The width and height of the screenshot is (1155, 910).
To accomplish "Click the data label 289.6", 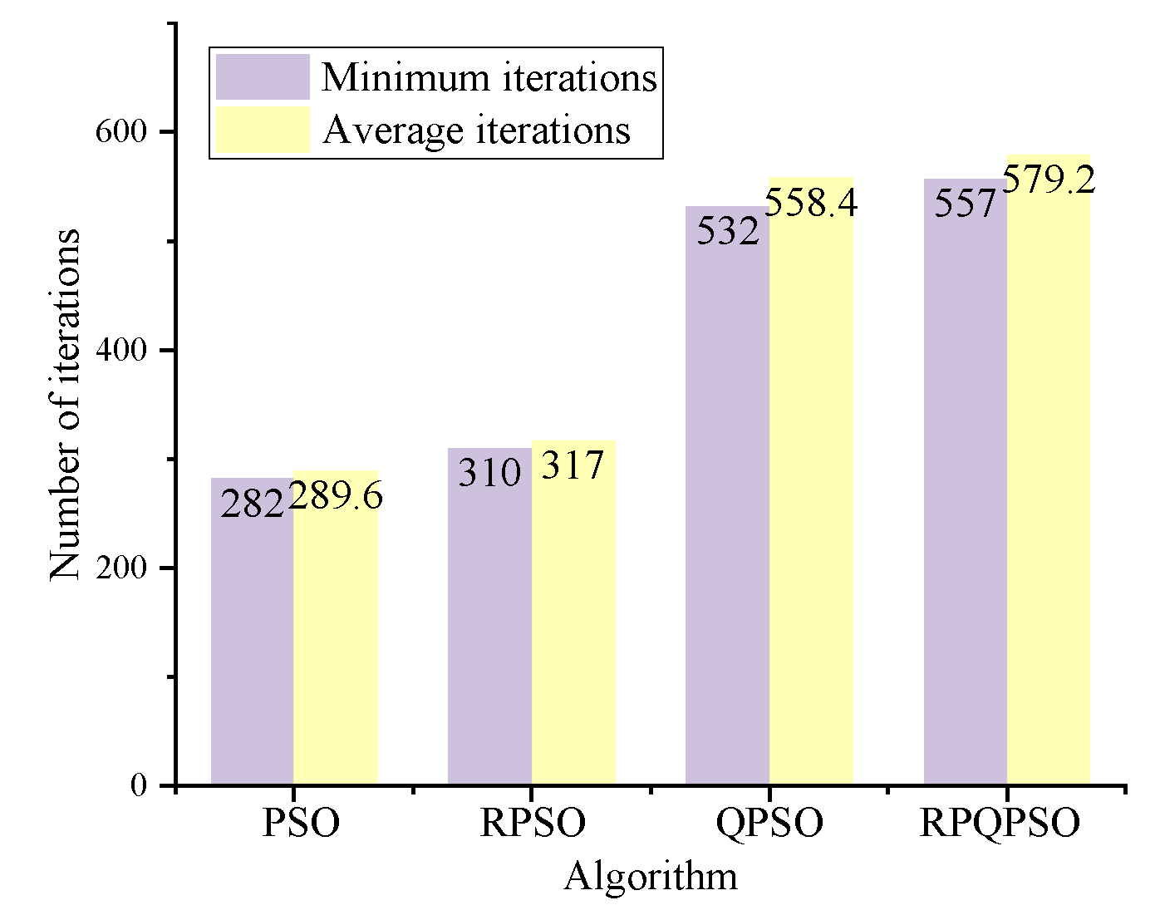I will click(336, 497).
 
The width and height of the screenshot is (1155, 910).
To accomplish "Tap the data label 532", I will click(728, 231).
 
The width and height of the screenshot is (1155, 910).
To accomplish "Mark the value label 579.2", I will click(1049, 180).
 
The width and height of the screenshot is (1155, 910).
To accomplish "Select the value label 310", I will click(489, 474).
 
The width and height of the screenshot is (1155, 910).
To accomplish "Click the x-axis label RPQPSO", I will click(1000, 824).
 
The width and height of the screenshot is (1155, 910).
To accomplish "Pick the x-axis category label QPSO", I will click(769, 824).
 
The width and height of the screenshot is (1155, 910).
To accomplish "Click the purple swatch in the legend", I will click(263, 77).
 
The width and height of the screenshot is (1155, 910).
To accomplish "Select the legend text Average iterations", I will click(476, 130).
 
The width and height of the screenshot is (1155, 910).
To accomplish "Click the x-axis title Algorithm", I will click(651, 877).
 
